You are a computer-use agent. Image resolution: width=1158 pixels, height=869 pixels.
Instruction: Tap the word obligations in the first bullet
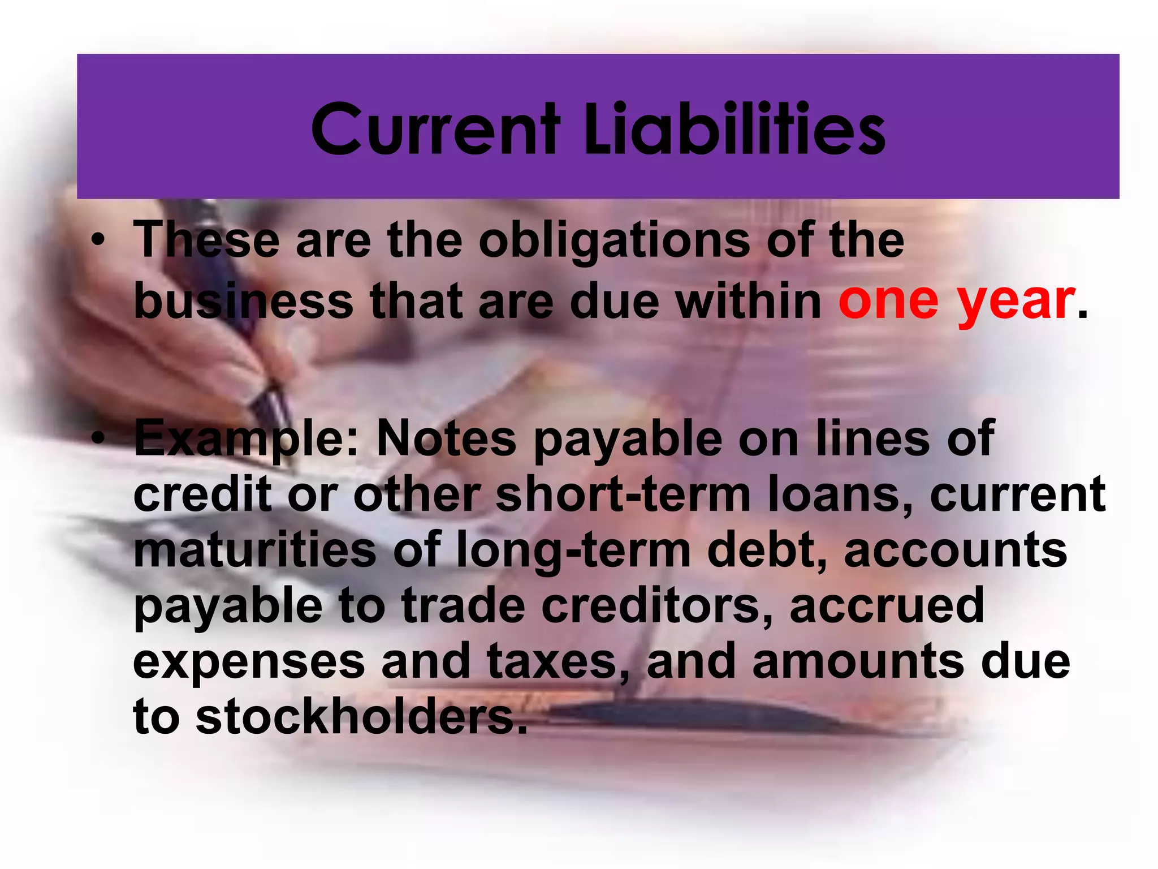[x=614, y=241]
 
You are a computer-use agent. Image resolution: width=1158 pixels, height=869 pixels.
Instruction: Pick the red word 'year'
[x=1016, y=301]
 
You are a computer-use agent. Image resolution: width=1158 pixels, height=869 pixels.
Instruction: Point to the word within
[x=749, y=301]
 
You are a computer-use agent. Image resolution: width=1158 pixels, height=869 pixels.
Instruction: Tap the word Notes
[x=446, y=439]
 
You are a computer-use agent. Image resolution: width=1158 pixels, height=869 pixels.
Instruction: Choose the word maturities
[x=254, y=550]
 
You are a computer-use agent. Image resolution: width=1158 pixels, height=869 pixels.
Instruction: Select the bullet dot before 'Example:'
[x=99, y=439]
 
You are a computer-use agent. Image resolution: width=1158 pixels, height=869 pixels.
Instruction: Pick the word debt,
[x=766, y=550]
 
